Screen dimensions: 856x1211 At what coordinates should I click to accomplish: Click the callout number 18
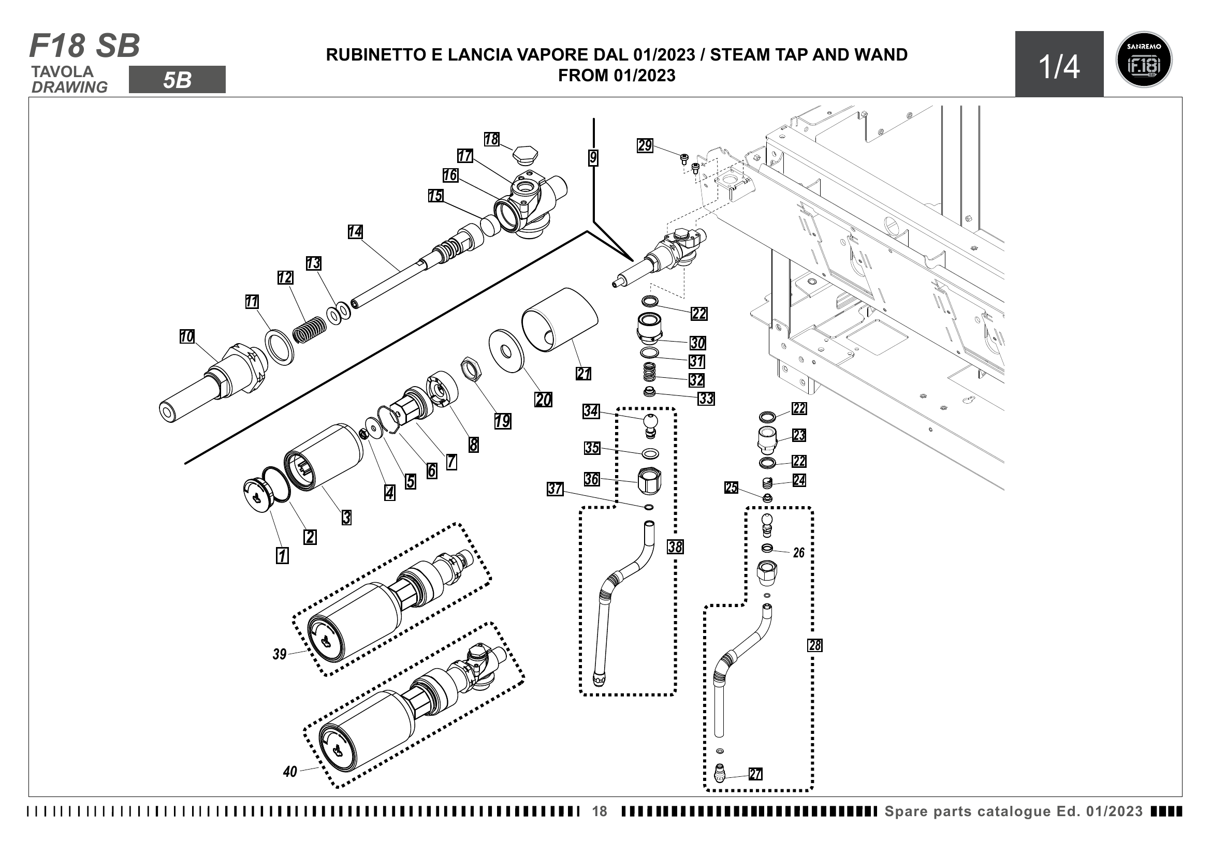coord(491,139)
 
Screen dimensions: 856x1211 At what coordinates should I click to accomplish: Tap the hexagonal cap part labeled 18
coord(526,155)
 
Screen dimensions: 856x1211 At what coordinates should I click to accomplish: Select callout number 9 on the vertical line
coord(593,158)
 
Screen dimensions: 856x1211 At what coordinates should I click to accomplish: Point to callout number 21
coord(583,374)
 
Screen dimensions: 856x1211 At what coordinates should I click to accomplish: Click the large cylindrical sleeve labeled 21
coord(559,319)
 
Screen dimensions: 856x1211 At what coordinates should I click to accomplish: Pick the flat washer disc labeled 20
coord(506,351)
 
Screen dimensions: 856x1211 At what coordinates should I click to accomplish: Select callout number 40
coord(290,772)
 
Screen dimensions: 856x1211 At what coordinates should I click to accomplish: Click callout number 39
coord(280,654)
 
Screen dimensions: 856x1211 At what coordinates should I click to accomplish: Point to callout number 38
coord(675,547)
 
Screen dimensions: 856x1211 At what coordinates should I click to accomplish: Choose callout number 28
coord(815,645)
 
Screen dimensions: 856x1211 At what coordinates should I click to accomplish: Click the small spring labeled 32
coord(649,373)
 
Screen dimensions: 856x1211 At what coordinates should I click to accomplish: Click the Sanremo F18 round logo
coord(1144,60)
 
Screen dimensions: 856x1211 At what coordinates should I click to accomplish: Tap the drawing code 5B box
coord(177,80)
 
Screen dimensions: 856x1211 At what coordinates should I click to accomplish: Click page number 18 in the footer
coord(600,811)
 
